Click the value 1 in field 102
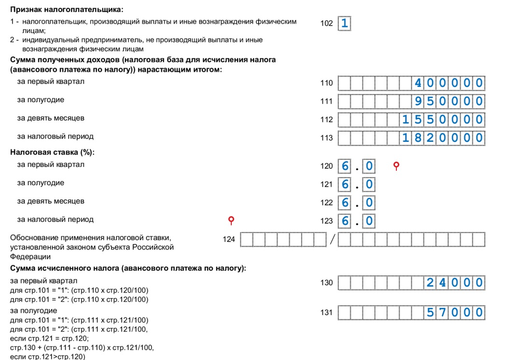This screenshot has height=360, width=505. coord(344,23)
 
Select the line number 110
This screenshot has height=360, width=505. coord(326,83)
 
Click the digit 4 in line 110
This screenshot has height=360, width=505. coord(418,83)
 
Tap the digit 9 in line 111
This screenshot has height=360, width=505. coord(418,101)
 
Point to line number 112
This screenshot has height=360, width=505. coord(326,120)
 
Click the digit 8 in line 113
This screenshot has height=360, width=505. coord(418,138)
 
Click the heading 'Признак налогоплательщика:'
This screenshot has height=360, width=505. coord(67,9)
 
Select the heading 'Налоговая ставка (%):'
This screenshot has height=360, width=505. coord(52,152)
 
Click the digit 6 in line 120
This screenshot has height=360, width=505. coord(345,166)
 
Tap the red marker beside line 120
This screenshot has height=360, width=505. coord(396,166)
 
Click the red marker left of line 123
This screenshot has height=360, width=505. coord(231,220)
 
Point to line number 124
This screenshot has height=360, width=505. coord(229,239)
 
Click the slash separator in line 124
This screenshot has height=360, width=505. coord(333,239)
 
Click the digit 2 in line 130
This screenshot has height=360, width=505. coord(430,283)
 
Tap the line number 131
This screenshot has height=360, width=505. coord(326,313)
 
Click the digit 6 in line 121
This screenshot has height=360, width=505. coord(345,184)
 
